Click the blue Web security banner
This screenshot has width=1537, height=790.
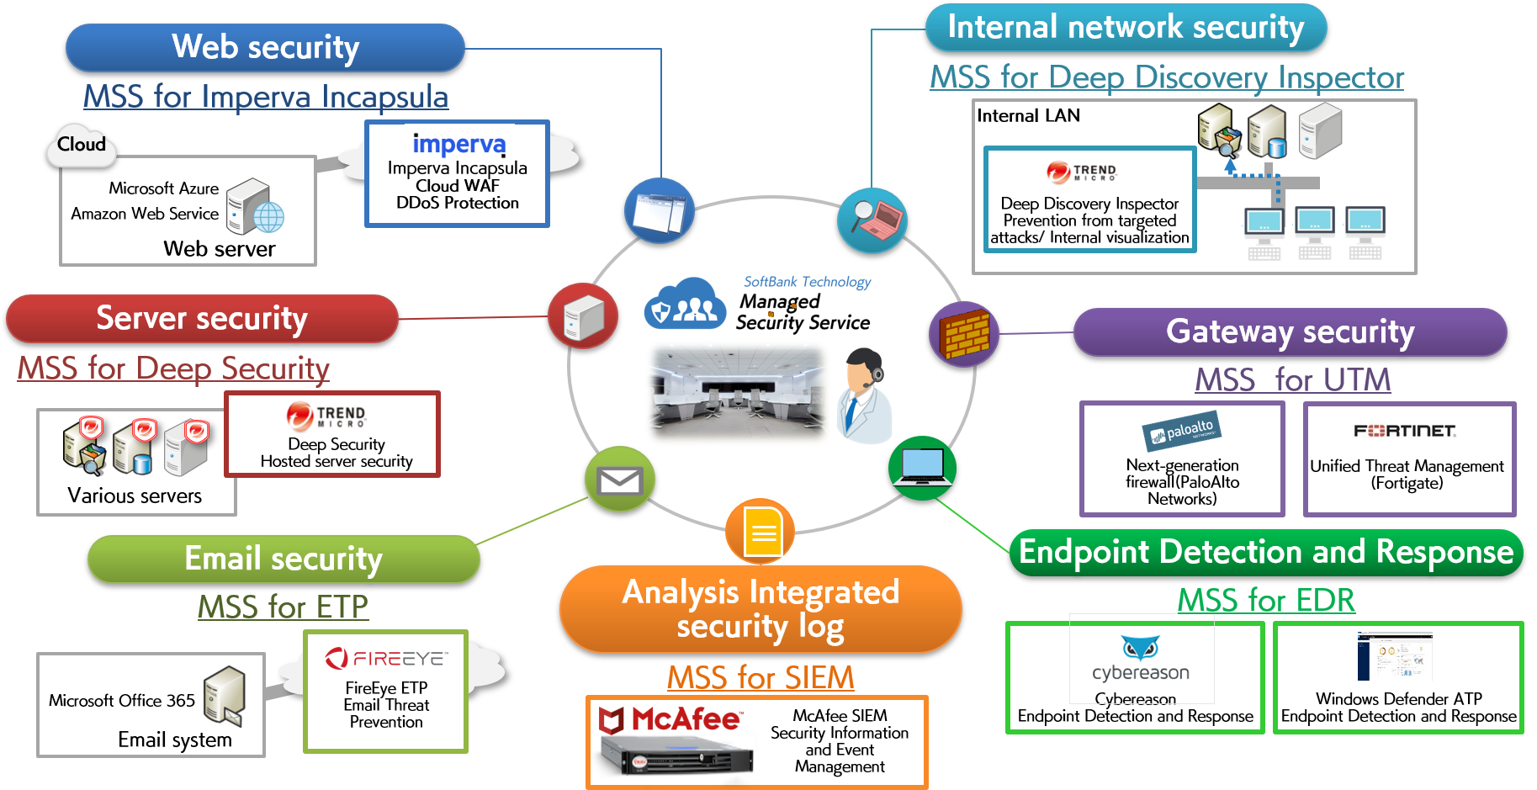tap(265, 47)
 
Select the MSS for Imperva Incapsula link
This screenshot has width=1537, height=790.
tap(266, 97)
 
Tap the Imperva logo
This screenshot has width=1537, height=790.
tap(458, 144)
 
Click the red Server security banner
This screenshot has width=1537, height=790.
tap(202, 318)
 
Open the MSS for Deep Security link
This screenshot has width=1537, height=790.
tap(173, 368)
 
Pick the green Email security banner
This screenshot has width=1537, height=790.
tap(284, 559)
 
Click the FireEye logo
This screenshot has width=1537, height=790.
tap(387, 658)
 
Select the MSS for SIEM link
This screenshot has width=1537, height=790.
tap(761, 677)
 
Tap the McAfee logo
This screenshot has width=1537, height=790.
tap(670, 720)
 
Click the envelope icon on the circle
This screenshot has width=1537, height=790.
tap(619, 480)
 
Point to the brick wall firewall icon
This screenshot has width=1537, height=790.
tap(964, 334)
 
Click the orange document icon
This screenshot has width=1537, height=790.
tap(761, 531)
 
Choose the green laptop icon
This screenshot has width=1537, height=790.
tap(923, 468)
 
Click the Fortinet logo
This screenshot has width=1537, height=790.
tap(1405, 431)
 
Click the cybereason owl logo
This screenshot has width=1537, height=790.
tap(1141, 649)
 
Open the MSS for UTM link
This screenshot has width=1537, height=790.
tap(1293, 379)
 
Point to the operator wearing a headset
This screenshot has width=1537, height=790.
tap(866, 395)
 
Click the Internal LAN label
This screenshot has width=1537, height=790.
tap(1028, 116)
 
